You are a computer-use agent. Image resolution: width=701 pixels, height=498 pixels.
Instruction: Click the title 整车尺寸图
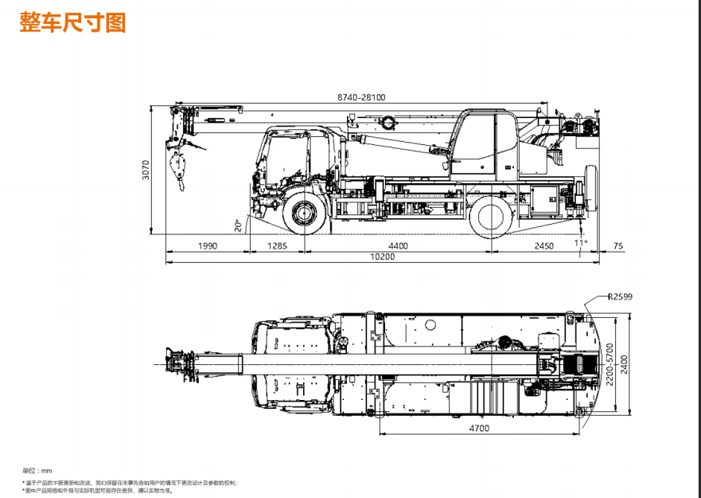(73, 22)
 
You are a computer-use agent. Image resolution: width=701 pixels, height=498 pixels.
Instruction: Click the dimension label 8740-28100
(360, 97)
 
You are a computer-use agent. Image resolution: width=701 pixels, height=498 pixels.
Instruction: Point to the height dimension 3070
(146, 171)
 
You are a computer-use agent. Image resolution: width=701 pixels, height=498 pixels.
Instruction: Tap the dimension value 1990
(207, 246)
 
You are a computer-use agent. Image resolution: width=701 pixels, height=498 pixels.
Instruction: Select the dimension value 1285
(277, 246)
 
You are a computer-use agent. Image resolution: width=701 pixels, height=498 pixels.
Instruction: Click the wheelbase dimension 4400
(397, 246)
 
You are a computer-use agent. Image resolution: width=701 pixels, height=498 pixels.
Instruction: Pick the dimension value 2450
(543, 246)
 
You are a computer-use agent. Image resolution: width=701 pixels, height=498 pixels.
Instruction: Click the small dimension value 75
(619, 246)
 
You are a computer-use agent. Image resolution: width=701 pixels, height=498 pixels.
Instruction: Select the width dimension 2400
(625, 363)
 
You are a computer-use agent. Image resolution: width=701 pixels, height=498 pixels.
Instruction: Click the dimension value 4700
(478, 428)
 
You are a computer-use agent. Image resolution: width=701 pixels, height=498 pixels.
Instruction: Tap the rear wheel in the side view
(490, 216)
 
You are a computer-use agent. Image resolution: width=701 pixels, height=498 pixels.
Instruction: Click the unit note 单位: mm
(37, 471)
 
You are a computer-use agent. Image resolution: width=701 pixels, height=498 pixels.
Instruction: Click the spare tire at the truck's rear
(590, 188)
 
